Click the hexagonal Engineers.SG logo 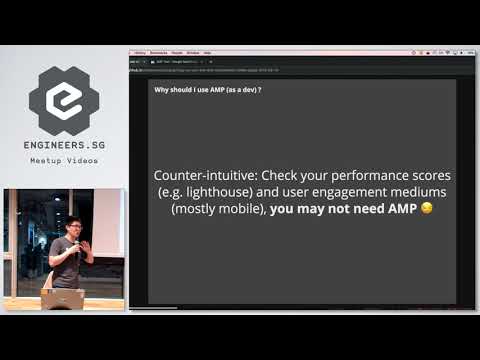[x=64, y=101]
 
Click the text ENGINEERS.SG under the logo [x=64, y=146]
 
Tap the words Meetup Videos [x=64, y=160]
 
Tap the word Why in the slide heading [x=162, y=90]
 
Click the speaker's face [x=73, y=229]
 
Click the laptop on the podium [x=62, y=298]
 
